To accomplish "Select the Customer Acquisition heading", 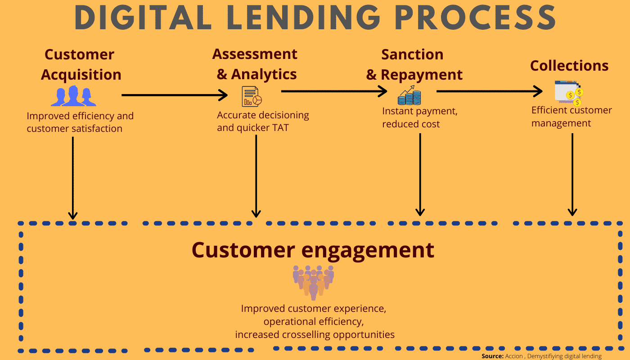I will [x=81, y=64].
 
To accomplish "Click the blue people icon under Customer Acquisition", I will [x=74, y=95].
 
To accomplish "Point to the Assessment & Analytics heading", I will [x=255, y=64].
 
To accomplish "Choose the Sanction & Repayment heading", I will [x=414, y=64].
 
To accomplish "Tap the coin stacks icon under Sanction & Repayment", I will [x=409, y=95].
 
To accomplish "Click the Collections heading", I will [x=569, y=66].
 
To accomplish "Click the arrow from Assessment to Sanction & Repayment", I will [x=333, y=91].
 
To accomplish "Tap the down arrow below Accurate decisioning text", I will [x=256, y=175].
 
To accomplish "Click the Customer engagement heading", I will [x=313, y=250].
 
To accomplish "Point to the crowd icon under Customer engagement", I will [x=314, y=281].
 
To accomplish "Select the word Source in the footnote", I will [x=492, y=356].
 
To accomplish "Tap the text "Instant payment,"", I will [x=419, y=111].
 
